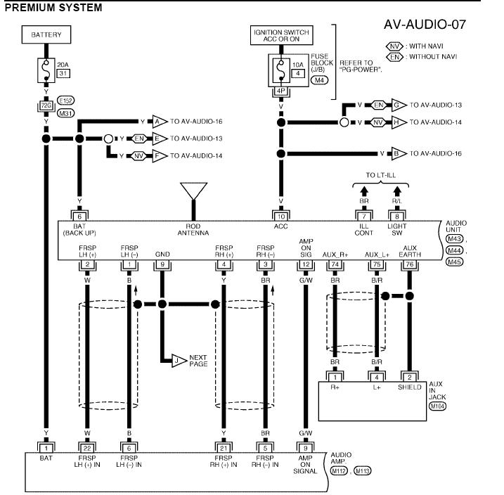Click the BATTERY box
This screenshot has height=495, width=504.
point(46,34)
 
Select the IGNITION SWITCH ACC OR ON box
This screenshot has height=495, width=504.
point(282,35)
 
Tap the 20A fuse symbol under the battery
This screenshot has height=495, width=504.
point(46,70)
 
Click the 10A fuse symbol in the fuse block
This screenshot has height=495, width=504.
point(281,70)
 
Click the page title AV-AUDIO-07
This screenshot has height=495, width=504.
point(425,25)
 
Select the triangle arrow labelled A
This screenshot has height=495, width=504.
point(160,122)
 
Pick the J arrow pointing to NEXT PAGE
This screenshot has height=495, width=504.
point(179,361)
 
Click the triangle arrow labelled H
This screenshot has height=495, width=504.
point(399,122)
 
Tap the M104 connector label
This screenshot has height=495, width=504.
point(437,406)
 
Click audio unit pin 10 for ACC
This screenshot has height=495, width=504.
point(281,217)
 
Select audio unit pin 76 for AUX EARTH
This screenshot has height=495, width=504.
point(410,264)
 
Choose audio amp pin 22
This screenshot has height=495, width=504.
point(87,448)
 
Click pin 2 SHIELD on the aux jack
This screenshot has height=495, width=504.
point(410,377)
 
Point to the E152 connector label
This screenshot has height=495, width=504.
point(65,101)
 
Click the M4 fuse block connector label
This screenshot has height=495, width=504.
point(319,79)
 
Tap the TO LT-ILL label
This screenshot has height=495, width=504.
point(380,175)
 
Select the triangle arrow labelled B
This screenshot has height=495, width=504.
point(399,154)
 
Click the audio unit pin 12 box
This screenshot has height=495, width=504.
point(306,264)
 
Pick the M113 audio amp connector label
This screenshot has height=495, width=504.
point(363,471)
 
